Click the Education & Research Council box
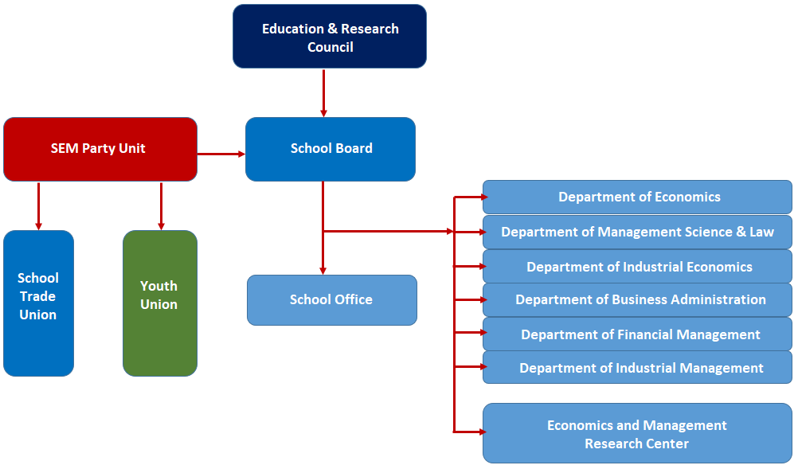330,36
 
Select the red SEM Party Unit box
100,149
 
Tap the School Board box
331,149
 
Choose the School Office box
332,300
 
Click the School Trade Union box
39,303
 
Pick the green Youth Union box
160,303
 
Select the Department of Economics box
637,197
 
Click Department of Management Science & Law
637,232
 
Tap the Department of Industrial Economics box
637,266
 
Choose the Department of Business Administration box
637,299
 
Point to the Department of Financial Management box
637,334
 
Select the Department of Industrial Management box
637,367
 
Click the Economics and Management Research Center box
637,433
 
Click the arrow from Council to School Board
323,93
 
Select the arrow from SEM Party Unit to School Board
221,154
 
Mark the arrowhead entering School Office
323,271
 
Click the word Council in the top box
331,47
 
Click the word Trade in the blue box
37,296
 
